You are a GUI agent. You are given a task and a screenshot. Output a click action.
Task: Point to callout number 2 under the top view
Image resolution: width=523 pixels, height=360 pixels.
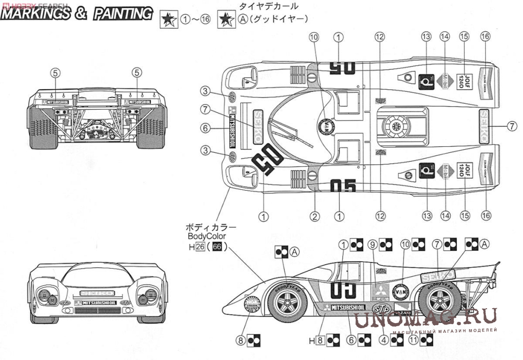point(315,215)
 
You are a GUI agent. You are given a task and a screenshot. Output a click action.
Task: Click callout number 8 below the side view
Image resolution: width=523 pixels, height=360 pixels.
point(241,339)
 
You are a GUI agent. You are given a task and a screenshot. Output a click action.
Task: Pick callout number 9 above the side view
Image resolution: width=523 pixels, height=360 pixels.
point(373,245)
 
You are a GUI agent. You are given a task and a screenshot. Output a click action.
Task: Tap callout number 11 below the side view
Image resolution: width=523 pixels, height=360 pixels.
point(413,339)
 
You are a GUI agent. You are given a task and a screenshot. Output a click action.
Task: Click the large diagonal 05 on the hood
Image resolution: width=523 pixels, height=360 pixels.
point(267,160)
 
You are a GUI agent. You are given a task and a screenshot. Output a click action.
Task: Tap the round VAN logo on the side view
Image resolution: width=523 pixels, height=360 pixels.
point(400,291)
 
